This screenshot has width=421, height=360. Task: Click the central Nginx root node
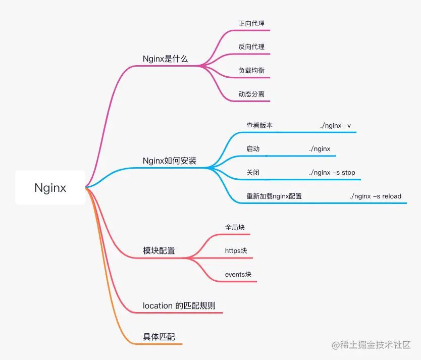pyautogui.click(x=50, y=188)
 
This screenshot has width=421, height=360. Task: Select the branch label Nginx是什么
pyautogui.click(x=165, y=59)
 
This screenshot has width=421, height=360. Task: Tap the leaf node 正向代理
pyautogui.click(x=251, y=23)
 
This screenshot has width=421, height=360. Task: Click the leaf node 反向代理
pyautogui.click(x=251, y=46)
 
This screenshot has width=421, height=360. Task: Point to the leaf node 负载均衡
pyautogui.click(x=251, y=70)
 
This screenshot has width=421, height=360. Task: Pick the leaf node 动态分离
pyautogui.click(x=251, y=94)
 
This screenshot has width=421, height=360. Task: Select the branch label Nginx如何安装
pyautogui.click(x=169, y=161)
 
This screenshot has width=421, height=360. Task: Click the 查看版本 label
pyautogui.click(x=259, y=125)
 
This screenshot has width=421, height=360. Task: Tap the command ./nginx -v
pyautogui.click(x=335, y=125)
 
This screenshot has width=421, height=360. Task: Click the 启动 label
pyautogui.click(x=253, y=149)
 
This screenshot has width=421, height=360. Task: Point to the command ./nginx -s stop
pyautogui.click(x=332, y=173)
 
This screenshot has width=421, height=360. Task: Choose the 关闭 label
pyautogui.click(x=253, y=173)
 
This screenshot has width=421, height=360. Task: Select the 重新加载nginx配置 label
pyautogui.click(x=274, y=196)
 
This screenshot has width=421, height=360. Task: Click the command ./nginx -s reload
pyautogui.click(x=375, y=196)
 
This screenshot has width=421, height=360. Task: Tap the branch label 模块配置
pyautogui.click(x=159, y=251)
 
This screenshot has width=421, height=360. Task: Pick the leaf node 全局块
pyautogui.click(x=235, y=228)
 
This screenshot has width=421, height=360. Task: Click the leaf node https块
pyautogui.click(x=236, y=251)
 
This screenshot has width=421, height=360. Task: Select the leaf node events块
pyautogui.click(x=238, y=275)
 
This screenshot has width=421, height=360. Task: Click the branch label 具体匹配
pyautogui.click(x=159, y=337)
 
